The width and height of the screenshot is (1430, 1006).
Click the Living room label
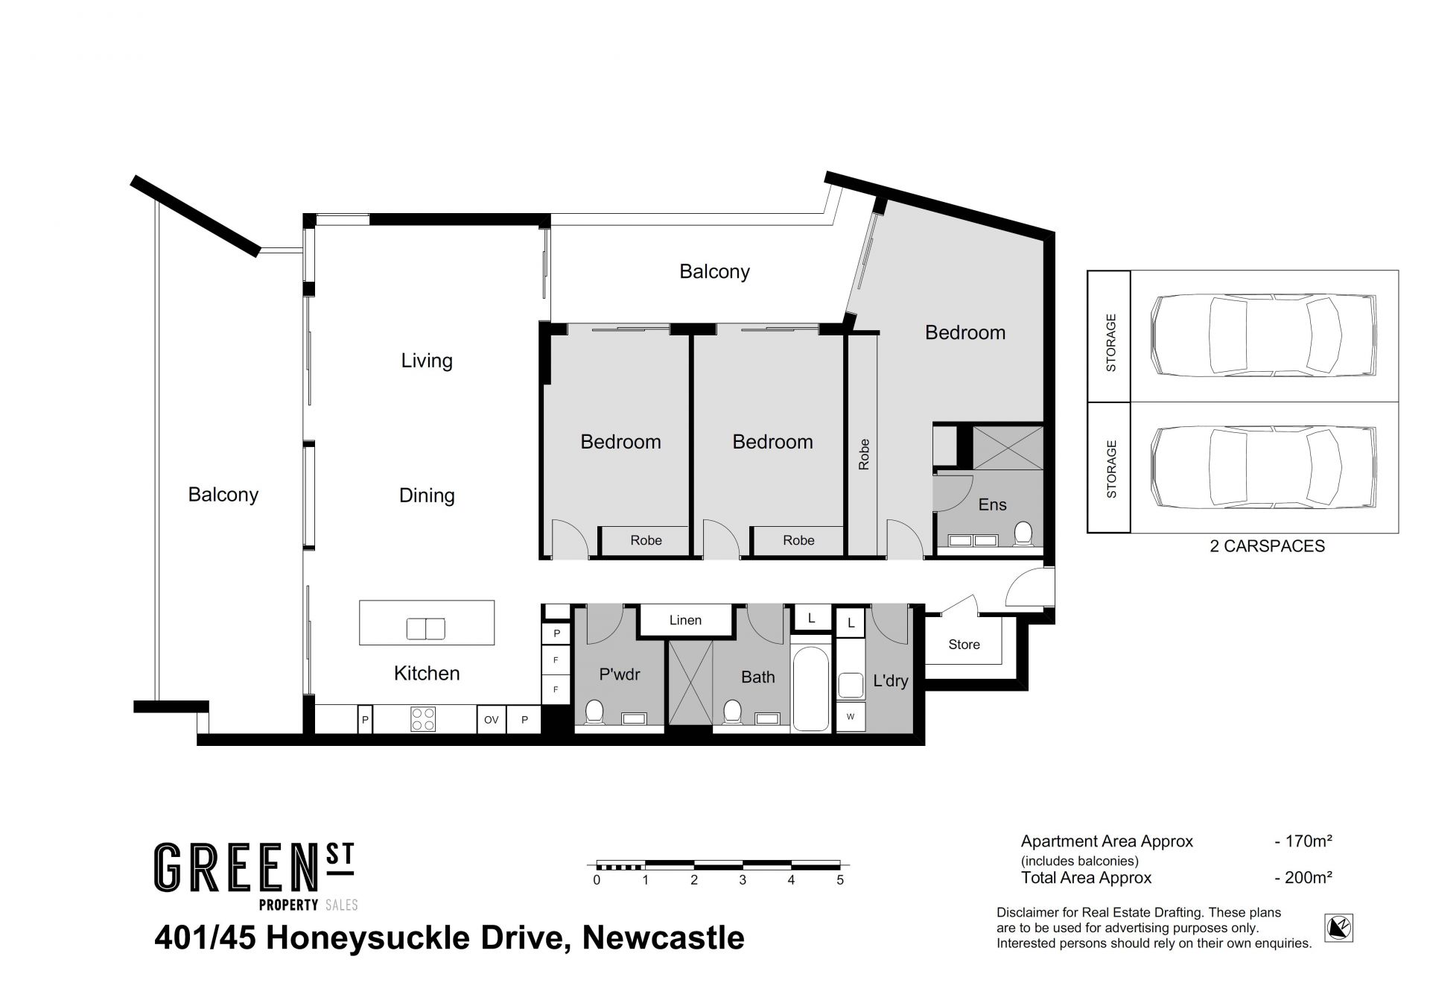pyautogui.click(x=427, y=361)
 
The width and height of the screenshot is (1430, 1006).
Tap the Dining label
pyautogui.click(x=427, y=496)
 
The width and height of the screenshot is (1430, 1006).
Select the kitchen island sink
pyautogui.click(x=425, y=629)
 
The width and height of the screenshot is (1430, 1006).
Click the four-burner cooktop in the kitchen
pyautogui.click(x=422, y=719)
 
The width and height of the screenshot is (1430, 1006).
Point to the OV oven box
pyautogui.click(x=492, y=720)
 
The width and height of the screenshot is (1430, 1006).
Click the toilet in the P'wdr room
pyautogui.click(x=594, y=712)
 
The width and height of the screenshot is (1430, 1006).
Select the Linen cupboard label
pyautogui.click(x=685, y=620)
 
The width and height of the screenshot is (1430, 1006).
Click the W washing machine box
pyautogui.click(x=851, y=717)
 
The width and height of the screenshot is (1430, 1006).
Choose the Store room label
pyautogui.click(x=964, y=645)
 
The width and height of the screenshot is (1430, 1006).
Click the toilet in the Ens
pyautogui.click(x=1023, y=534)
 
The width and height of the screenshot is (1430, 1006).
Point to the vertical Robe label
pyautogui.click(x=864, y=455)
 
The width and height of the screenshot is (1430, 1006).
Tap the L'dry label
pyautogui.click(x=891, y=680)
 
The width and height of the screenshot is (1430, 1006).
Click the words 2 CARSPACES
pyautogui.click(x=1267, y=546)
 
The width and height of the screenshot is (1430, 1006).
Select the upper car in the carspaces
pyautogui.click(x=1263, y=335)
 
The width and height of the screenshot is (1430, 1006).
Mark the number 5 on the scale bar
pyautogui.click(x=840, y=880)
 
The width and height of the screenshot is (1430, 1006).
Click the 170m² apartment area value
pyautogui.click(x=1309, y=841)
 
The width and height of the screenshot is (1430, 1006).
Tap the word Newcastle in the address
pyautogui.click(x=663, y=937)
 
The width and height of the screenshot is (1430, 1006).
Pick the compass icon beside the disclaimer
pyautogui.click(x=1338, y=929)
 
